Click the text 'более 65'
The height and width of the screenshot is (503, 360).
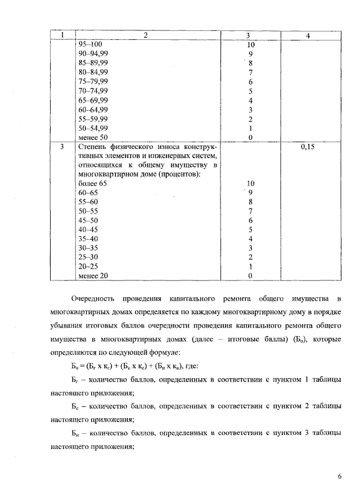pyautogui.click(x=92, y=184)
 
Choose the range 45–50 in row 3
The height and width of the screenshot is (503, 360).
pyautogui.click(x=88, y=220)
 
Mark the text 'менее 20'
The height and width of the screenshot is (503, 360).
pyautogui.click(x=93, y=275)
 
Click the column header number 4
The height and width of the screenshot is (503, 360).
pyautogui.click(x=308, y=35)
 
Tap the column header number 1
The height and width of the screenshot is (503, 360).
pyautogui.click(x=62, y=35)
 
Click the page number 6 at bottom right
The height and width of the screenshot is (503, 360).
pyautogui.click(x=339, y=477)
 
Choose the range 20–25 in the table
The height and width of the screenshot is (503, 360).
pyautogui.click(x=88, y=266)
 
